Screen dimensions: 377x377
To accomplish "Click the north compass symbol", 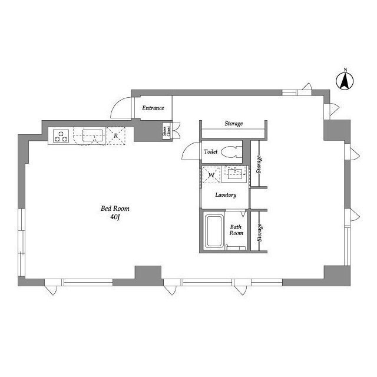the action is pyautogui.click(x=345, y=80).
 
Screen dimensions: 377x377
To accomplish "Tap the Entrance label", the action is pyautogui.click(x=153, y=108).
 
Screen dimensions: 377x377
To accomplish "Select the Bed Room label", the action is pyautogui.click(x=115, y=209).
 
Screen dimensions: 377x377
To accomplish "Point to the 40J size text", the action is pyautogui.click(x=115, y=217).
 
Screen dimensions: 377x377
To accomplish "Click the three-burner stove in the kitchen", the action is pyautogui.click(x=61, y=136).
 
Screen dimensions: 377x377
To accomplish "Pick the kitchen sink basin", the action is pyautogui.click(x=93, y=135).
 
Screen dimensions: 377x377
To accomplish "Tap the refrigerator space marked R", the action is pyautogui.click(x=116, y=136).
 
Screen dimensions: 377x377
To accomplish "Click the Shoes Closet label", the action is pyautogui.click(x=167, y=131).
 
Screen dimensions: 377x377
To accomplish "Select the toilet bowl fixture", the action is pyautogui.click(x=231, y=152).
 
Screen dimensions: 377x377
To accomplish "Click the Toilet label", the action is pyautogui.click(x=211, y=152).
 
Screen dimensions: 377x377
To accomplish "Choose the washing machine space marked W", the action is pyautogui.click(x=211, y=175).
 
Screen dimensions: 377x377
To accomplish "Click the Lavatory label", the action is pyautogui.click(x=226, y=195).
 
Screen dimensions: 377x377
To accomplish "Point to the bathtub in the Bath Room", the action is pyautogui.click(x=213, y=232).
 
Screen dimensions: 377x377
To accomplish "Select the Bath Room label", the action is pyautogui.click(x=236, y=230).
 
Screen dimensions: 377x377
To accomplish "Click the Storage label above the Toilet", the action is pyautogui.click(x=234, y=124).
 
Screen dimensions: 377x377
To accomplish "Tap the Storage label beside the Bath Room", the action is pyautogui.click(x=259, y=233).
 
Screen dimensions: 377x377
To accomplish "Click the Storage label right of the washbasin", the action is pyautogui.click(x=259, y=164).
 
